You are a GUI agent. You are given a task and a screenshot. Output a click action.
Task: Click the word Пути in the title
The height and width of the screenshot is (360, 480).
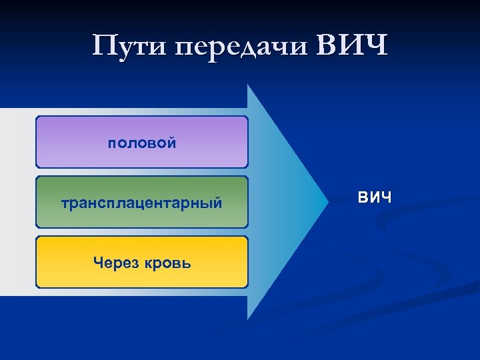[131, 47]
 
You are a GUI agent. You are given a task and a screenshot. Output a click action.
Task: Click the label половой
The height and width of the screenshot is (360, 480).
[142, 143]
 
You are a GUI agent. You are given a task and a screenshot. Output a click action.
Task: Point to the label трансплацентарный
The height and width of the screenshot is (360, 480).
[142, 203]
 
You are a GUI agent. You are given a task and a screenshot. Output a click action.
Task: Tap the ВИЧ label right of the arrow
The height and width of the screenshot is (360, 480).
[375, 198]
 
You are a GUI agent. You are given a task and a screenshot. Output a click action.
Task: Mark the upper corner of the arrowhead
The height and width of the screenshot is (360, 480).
[248, 85]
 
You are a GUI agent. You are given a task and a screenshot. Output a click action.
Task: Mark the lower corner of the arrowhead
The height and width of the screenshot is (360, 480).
[248, 319]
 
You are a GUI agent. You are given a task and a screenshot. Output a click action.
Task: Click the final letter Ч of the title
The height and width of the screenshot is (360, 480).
[375, 46]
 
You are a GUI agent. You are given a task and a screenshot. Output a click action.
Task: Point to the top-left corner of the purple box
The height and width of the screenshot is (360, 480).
[37, 117]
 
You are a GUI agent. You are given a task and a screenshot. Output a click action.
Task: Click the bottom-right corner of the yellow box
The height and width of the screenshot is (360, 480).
[247, 287]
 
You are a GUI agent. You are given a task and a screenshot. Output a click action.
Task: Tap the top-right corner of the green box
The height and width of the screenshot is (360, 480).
[247, 177]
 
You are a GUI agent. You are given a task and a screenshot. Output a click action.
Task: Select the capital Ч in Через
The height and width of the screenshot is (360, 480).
[99, 263]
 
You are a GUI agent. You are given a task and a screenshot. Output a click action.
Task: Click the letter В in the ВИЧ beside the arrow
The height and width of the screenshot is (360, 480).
[363, 198]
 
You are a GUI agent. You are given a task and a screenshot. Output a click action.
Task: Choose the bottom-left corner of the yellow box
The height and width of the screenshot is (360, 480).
[37, 287]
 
